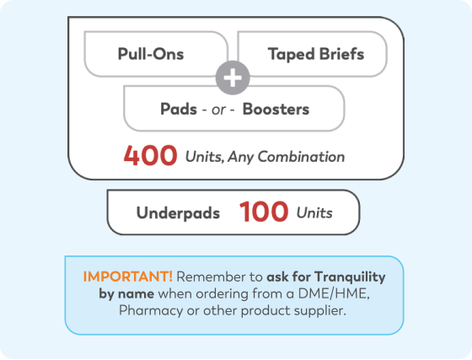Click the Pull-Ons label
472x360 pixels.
pyautogui.click(x=151, y=54)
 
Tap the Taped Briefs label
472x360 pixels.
pyautogui.click(x=316, y=55)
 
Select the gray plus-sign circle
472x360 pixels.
pyautogui.click(x=233, y=78)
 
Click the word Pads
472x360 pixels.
pyautogui.click(x=179, y=109)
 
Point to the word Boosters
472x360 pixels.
pyautogui.click(x=276, y=109)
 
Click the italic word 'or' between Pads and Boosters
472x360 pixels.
pyautogui.click(x=218, y=110)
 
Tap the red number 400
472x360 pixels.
pyautogui.click(x=150, y=155)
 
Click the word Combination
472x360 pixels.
pyautogui.click(x=301, y=157)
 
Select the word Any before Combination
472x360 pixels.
pyautogui.click(x=240, y=158)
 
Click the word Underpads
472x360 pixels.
pyautogui.click(x=178, y=213)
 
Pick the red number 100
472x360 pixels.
pyautogui.click(x=264, y=212)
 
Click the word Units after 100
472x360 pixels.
pyautogui.click(x=314, y=213)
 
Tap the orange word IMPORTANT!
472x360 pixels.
pyautogui.click(x=128, y=277)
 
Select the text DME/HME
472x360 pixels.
pyautogui.click(x=334, y=293)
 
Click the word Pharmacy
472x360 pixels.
pyautogui.click(x=151, y=310)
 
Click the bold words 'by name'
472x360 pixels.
pyautogui.click(x=126, y=293)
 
